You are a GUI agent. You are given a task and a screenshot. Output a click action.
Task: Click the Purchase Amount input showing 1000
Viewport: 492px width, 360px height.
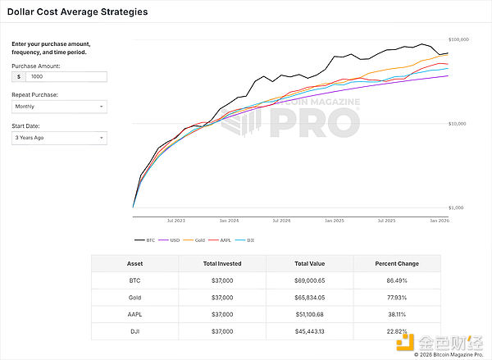(x=66, y=76)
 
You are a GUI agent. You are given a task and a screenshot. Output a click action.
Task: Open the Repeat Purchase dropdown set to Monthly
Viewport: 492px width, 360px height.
(x=59, y=107)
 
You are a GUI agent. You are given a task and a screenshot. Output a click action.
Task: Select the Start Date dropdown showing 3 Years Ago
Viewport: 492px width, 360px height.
(x=59, y=138)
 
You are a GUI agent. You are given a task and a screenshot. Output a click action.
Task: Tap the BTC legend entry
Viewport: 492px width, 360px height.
(x=146, y=239)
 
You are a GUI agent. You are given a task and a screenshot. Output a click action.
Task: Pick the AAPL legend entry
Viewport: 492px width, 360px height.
(x=221, y=239)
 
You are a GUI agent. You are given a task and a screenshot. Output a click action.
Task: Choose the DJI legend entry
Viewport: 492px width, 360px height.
(x=243, y=239)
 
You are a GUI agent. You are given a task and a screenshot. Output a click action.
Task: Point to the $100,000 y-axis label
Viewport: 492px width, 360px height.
(x=458, y=39)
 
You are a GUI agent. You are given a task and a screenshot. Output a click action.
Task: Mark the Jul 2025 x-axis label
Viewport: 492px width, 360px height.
(x=386, y=221)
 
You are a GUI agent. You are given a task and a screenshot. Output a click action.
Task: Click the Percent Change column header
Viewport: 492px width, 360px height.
(x=397, y=263)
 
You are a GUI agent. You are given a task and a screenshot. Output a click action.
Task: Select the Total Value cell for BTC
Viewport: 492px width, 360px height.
(x=310, y=280)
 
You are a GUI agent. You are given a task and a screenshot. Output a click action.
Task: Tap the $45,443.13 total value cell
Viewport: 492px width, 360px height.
(x=310, y=332)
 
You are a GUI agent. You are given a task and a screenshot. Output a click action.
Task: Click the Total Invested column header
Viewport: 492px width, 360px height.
(x=221, y=263)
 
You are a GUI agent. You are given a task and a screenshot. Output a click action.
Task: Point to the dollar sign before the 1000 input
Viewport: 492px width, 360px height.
(x=18, y=76)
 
